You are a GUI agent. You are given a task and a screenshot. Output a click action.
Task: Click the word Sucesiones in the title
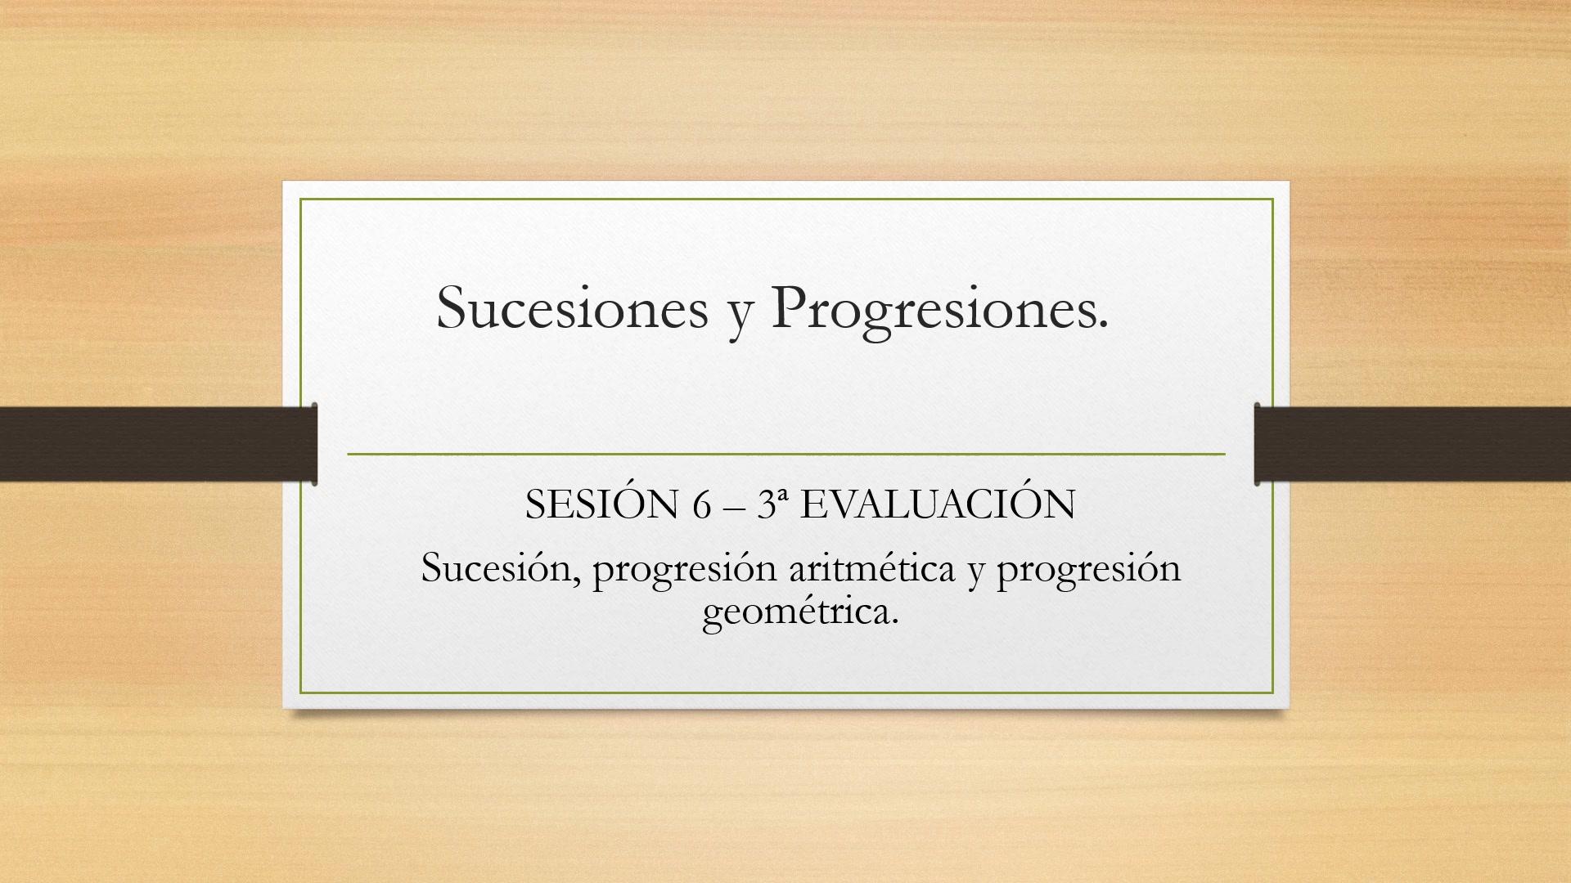click(572, 307)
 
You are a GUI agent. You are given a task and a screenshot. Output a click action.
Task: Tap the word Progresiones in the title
click(932, 311)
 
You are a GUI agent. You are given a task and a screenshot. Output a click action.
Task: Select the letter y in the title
click(740, 317)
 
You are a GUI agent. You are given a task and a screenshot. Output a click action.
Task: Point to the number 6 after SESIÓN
click(702, 505)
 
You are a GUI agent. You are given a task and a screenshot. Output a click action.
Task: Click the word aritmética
click(871, 567)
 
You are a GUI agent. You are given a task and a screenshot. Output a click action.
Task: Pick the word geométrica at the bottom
click(800, 613)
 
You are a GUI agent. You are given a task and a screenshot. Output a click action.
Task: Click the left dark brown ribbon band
click(159, 444)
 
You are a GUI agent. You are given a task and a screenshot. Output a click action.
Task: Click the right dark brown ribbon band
click(1412, 444)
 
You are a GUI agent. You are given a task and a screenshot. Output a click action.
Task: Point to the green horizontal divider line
click(786, 453)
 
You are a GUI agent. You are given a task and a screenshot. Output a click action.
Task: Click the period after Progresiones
click(1101, 326)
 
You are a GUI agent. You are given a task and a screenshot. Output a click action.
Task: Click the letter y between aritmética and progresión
click(975, 574)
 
